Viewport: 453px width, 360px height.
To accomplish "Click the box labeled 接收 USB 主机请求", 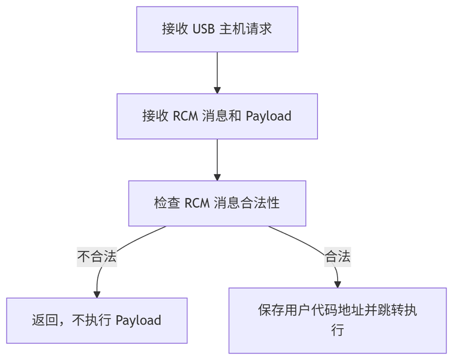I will [217, 29].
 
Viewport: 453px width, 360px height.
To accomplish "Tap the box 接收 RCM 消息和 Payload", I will [217, 116].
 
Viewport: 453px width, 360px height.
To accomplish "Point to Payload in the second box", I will [268, 116].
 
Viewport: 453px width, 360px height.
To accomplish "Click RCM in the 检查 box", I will [197, 203].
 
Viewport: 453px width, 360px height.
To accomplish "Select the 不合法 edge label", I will [97, 257].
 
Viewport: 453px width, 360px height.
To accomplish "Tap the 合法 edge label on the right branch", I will [337, 257].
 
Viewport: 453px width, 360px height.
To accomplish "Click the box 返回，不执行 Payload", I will [97, 320].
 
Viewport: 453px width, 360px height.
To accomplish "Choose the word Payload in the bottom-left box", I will [138, 320].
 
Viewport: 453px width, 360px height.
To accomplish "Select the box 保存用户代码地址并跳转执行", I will [337, 320].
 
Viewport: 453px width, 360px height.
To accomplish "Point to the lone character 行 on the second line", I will [337, 330].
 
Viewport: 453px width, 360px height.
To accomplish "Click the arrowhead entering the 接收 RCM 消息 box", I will [217, 89].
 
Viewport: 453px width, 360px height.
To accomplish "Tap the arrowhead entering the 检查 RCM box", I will [217, 176].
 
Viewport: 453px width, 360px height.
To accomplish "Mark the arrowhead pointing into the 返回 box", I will [97, 294].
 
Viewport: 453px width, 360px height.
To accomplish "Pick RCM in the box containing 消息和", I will [185, 116].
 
